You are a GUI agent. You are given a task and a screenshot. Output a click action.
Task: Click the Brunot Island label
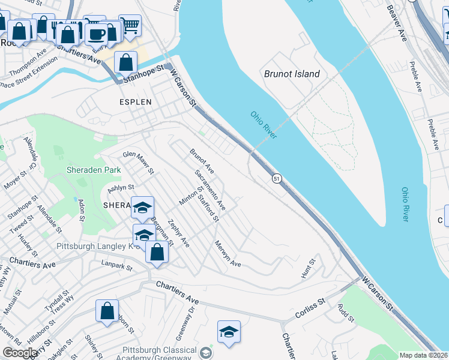coord(292,74)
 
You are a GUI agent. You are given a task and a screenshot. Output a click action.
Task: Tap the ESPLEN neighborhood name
coord(135,102)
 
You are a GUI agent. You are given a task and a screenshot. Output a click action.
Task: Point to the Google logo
coord(20,353)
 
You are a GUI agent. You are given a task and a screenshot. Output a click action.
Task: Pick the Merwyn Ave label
coord(228,254)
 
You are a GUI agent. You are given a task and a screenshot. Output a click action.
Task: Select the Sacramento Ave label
coord(210,190)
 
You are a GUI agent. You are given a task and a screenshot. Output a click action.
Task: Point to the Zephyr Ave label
coord(179,233)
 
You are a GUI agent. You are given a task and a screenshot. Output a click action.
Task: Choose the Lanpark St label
coord(116,263)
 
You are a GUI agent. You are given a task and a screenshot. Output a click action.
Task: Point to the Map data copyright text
coord(423,355)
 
